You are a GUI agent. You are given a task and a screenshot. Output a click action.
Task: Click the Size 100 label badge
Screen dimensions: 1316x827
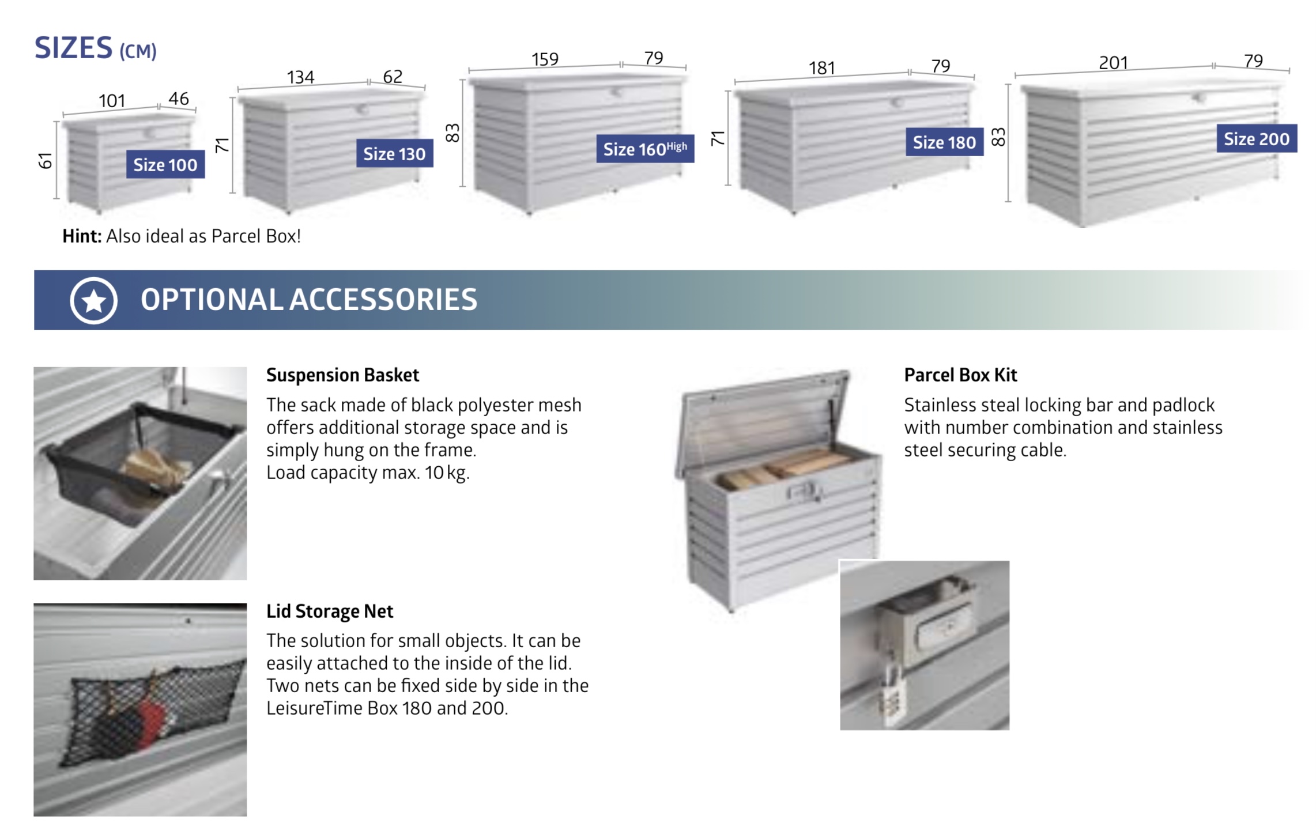tap(165, 165)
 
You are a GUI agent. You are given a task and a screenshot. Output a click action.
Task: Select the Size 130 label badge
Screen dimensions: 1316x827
tap(394, 154)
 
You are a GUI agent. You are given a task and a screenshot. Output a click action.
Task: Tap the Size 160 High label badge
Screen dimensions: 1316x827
tap(645, 149)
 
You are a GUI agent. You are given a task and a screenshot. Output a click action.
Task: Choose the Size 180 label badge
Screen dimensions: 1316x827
tap(944, 142)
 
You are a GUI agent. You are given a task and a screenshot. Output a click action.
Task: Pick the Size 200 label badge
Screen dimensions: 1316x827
tap(1257, 138)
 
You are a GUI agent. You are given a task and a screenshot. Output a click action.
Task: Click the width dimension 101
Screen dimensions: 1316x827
tap(112, 101)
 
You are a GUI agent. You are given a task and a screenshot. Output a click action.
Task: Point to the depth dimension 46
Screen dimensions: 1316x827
tap(179, 99)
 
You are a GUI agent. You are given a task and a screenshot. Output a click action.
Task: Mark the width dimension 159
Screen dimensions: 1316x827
tap(545, 59)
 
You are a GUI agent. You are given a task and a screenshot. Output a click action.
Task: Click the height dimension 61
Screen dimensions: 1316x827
tap(46, 161)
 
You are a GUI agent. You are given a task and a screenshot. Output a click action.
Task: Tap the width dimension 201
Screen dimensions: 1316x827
tap(1113, 63)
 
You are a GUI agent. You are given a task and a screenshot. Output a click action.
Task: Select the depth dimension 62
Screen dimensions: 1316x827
tap(393, 76)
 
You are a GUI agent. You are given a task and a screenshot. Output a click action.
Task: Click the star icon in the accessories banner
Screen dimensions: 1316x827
tap(94, 300)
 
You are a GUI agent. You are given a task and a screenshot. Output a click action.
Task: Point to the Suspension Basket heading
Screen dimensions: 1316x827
tap(342, 375)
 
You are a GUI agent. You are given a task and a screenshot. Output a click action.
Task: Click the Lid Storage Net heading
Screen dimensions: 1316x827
tap(330, 611)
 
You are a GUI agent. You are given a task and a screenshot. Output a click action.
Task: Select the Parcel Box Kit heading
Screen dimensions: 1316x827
tap(960, 375)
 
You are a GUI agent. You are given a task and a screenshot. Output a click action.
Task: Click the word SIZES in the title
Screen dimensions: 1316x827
tap(73, 47)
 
